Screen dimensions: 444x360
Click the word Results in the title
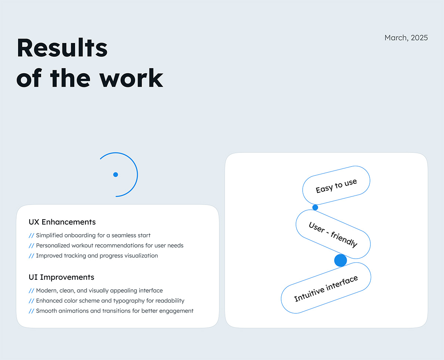coord(62,48)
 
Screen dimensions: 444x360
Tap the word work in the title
coord(131,78)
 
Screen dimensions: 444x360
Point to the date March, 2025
coord(406,38)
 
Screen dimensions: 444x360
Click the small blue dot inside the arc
coord(115,175)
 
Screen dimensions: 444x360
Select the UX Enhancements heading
coord(62,222)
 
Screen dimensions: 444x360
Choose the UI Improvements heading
coord(61,277)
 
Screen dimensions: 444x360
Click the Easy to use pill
coord(336,185)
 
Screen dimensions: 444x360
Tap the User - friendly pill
coord(333,234)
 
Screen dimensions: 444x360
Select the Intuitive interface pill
coord(326,288)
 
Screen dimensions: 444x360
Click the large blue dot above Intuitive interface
coord(340,260)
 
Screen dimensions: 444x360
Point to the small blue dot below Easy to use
coord(315,208)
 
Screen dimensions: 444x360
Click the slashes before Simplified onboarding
coord(31,236)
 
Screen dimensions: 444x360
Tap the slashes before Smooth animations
coord(31,311)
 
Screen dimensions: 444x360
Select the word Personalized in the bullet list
coord(53,246)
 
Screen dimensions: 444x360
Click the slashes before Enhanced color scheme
coord(31,301)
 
